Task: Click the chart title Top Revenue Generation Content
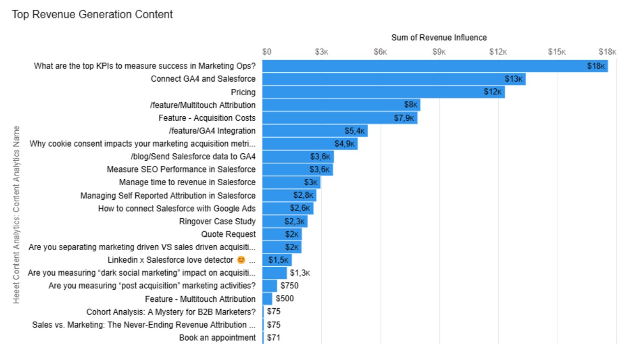tap(92, 15)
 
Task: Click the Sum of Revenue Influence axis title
tap(439, 38)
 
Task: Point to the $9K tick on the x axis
tap(439, 52)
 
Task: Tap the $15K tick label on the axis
tap(557, 52)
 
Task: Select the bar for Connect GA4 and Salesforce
tap(394, 79)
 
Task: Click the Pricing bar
tap(383, 92)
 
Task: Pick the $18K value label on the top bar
tap(596, 66)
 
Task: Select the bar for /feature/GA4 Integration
tap(315, 131)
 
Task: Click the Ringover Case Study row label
tap(218, 221)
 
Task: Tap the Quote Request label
tap(228, 234)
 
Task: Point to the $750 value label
tap(289, 286)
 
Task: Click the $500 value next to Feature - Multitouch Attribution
tap(285, 299)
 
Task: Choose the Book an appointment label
tap(217, 338)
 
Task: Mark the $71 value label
tap(273, 338)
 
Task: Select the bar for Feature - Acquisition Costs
tap(340, 118)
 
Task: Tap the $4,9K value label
tap(345, 144)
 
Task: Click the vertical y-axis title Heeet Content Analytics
tap(17, 215)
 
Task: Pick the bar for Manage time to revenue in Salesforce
tap(291, 183)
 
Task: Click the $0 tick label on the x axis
tap(267, 52)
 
